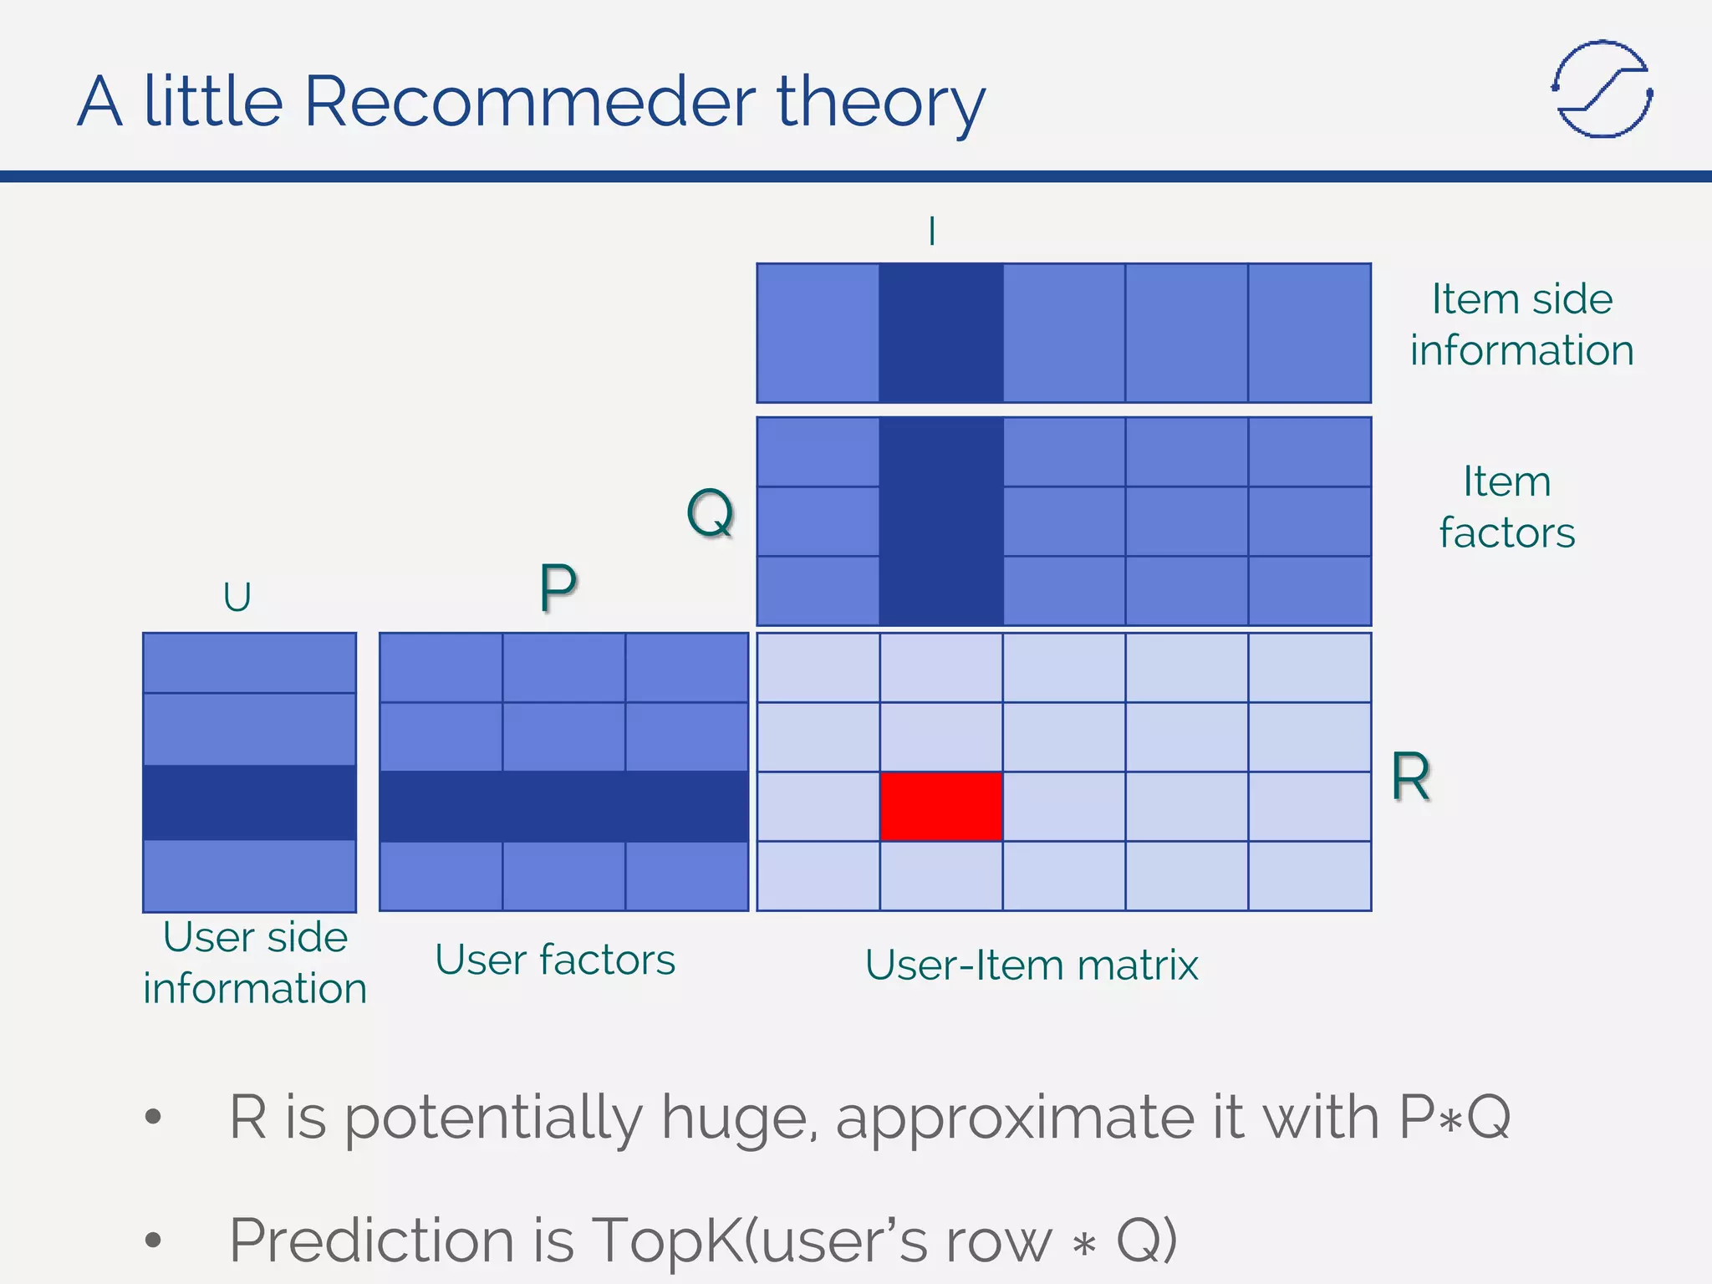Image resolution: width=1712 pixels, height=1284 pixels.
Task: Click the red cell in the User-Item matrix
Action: (940, 806)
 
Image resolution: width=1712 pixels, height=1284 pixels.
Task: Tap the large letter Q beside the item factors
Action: (710, 512)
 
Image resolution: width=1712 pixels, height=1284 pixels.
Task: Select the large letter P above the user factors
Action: (558, 588)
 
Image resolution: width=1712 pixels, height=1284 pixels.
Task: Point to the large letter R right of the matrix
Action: (1411, 777)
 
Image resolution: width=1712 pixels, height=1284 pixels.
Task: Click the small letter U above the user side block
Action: (237, 597)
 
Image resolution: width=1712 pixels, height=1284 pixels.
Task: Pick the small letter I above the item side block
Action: (932, 231)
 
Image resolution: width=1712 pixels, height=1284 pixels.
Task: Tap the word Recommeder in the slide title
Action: (530, 102)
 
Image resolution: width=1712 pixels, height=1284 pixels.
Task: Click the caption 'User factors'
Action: (555, 960)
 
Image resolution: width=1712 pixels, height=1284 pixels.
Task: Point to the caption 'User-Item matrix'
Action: (1032, 965)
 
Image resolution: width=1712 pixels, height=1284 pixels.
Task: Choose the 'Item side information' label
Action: (1521, 324)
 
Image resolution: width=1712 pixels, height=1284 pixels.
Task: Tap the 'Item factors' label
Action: (1506, 507)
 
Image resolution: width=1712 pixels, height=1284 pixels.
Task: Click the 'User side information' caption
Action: (255, 962)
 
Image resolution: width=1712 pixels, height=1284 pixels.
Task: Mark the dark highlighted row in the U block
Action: (249, 802)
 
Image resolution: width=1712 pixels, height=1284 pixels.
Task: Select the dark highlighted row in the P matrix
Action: (563, 806)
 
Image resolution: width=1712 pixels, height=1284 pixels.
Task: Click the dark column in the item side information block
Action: (940, 333)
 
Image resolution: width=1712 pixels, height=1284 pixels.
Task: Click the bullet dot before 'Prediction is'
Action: (152, 1239)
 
